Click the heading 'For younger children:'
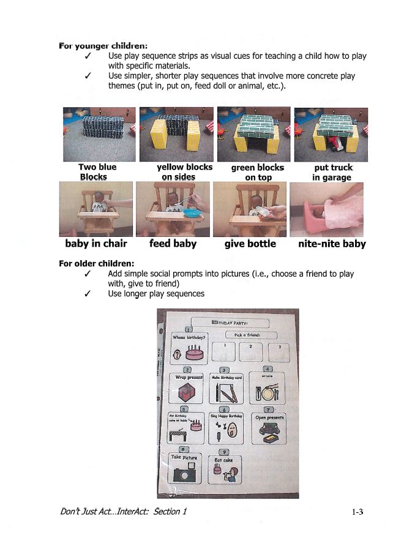tap(103, 45)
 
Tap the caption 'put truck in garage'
tap(332, 172)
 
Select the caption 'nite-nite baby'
tap(332, 244)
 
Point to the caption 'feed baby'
tap(173, 244)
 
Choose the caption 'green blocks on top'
tap(257, 172)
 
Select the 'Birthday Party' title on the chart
tap(233, 322)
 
